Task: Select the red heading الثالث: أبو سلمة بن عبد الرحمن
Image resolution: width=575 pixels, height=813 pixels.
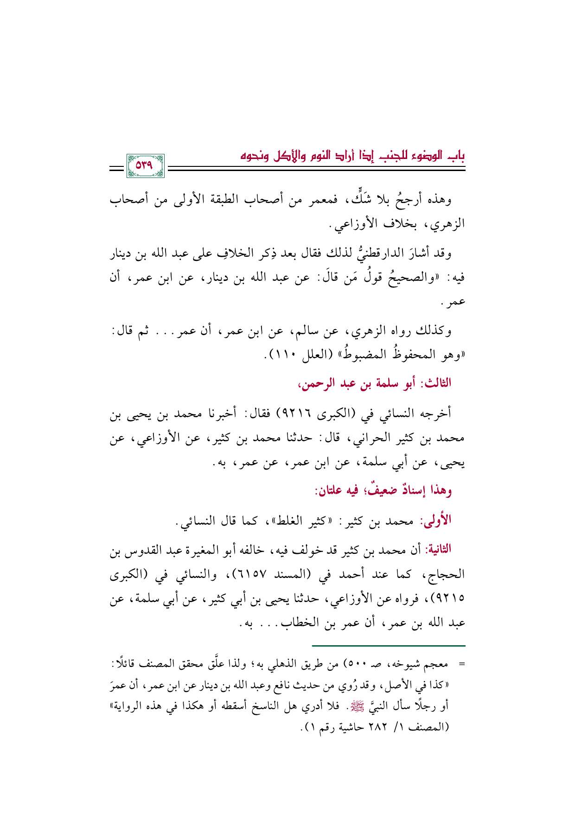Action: pyautogui.click(x=375, y=383)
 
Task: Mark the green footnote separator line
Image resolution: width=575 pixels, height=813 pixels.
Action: pyautogui.click(x=388, y=645)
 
